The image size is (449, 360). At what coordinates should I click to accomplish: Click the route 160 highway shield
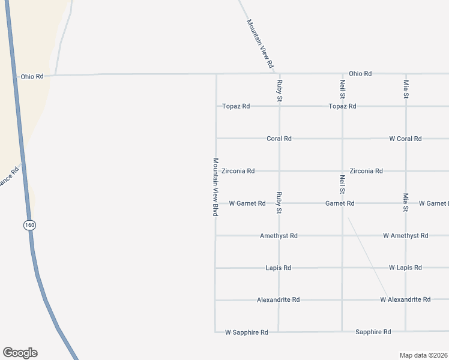pos(30,225)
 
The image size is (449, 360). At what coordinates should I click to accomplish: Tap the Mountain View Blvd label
pos(215,187)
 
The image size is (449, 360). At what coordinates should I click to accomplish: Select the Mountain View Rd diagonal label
pos(260,43)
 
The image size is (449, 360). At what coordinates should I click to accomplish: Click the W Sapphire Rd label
pos(246,332)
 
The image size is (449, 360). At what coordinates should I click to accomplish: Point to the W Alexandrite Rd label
pos(405,299)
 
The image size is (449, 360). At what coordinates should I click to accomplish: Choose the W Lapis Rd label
pos(405,268)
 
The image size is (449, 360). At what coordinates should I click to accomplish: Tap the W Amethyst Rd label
pos(405,236)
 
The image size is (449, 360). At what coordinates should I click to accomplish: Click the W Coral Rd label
pos(405,139)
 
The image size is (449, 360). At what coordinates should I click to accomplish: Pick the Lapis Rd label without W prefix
pos(279,268)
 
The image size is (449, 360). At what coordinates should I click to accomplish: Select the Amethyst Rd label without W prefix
pos(279,236)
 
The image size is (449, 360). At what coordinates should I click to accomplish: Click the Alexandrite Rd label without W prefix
pos(278,299)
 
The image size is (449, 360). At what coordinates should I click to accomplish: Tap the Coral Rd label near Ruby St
pos(279,139)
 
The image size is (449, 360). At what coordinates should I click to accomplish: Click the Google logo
pos(20,353)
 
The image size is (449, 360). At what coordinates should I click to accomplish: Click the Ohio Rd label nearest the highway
pos(32,76)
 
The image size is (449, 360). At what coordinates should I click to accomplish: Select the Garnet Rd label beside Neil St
pos(340,203)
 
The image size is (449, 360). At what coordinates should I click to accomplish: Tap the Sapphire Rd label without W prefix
pos(373,332)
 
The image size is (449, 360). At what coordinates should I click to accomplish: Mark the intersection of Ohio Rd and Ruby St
pos(279,74)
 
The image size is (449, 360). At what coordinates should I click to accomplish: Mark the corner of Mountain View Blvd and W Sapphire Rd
pos(215,331)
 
